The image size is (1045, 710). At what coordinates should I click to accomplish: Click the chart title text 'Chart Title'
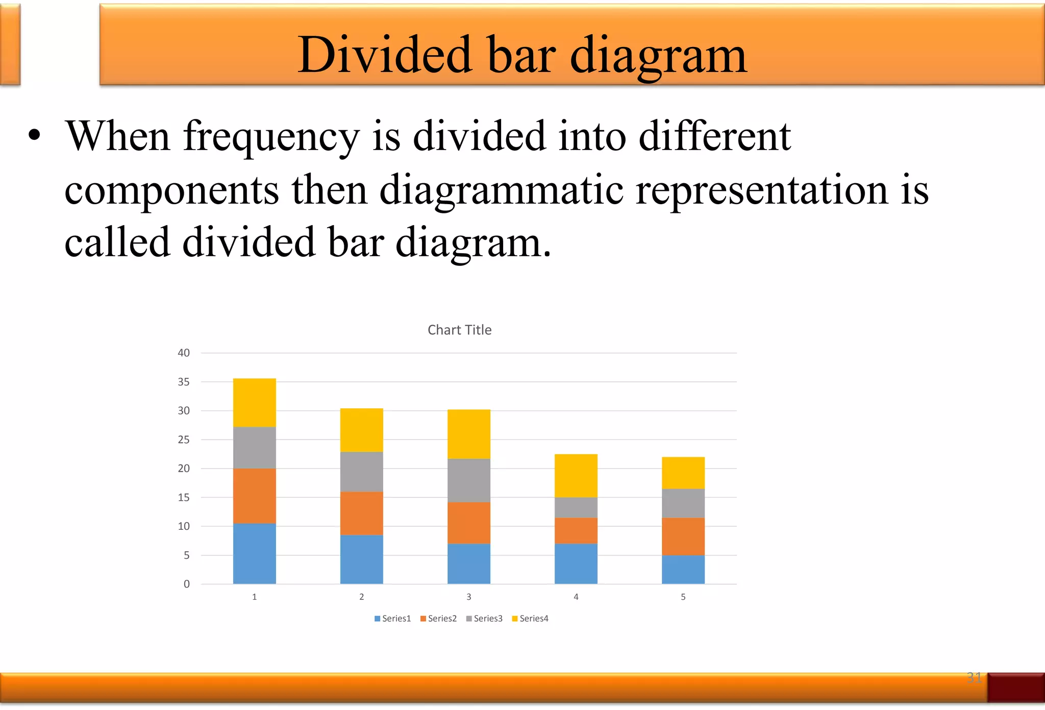459,330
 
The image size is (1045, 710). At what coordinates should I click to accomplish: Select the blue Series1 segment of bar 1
254,554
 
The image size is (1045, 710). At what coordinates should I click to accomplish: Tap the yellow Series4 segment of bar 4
576,476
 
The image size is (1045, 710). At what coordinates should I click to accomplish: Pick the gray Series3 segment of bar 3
468,480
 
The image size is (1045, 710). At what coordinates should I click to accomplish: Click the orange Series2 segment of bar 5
683,536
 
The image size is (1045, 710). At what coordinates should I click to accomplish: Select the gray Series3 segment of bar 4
576,507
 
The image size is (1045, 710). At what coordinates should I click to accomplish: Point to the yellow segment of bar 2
361,430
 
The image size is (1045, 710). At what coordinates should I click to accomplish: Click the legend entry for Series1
392,619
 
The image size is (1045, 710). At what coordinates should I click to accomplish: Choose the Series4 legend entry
530,619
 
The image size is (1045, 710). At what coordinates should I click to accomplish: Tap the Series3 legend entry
484,619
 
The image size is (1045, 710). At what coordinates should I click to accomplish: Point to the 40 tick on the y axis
184,353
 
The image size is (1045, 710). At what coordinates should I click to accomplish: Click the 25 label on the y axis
184,439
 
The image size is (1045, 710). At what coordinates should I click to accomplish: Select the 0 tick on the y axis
187,584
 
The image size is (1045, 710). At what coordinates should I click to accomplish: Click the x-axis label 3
468,597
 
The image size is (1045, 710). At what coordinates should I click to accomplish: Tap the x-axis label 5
683,597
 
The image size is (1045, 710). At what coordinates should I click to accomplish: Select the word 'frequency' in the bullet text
271,137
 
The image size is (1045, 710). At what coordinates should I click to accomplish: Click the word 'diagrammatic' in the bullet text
501,190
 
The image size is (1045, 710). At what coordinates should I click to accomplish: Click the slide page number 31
974,677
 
